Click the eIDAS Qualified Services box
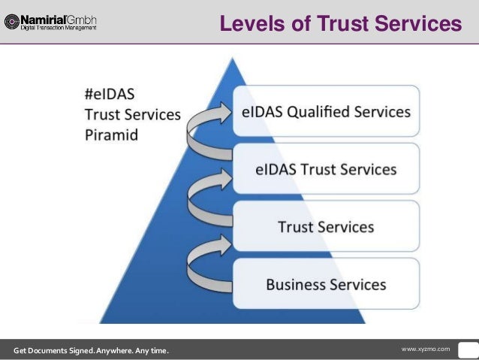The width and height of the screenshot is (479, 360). (326, 113)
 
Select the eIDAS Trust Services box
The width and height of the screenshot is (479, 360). (326, 170)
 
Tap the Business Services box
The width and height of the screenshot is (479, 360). (326, 284)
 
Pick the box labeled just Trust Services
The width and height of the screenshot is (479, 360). (326, 226)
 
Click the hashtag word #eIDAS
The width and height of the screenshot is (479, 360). (110, 96)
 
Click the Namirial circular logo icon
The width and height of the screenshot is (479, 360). (11, 21)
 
